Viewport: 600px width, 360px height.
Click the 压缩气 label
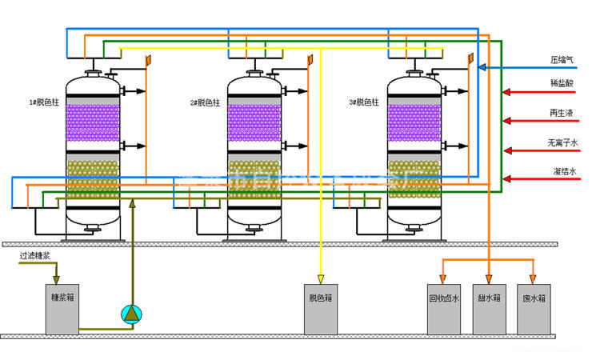tap(562, 59)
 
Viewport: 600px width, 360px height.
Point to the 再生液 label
tap(562, 114)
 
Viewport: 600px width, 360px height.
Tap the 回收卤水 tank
tap(443, 309)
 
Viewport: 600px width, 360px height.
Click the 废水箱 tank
tap(534, 309)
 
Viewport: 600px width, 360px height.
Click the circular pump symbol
tap(130, 314)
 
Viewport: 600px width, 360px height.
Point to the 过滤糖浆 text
tap(36, 257)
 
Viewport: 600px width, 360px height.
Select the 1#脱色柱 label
tap(43, 102)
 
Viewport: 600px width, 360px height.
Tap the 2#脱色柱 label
tap(205, 102)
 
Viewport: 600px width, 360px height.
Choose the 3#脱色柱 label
tap(364, 102)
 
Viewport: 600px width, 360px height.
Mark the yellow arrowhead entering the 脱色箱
tap(320, 279)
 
